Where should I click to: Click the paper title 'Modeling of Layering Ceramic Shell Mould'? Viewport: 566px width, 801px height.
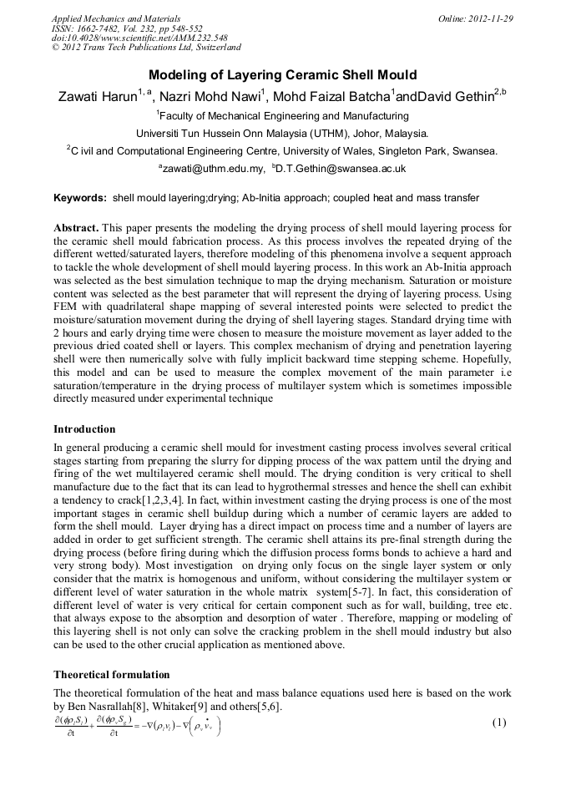(282, 75)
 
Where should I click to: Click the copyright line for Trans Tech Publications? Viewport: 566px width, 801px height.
(146, 48)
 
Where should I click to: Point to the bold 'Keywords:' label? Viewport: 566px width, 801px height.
(80, 198)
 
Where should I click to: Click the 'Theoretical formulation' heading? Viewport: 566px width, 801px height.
(111, 674)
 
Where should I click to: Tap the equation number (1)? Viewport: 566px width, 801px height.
(499, 722)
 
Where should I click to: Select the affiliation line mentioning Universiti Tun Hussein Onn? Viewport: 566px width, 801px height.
(282, 133)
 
